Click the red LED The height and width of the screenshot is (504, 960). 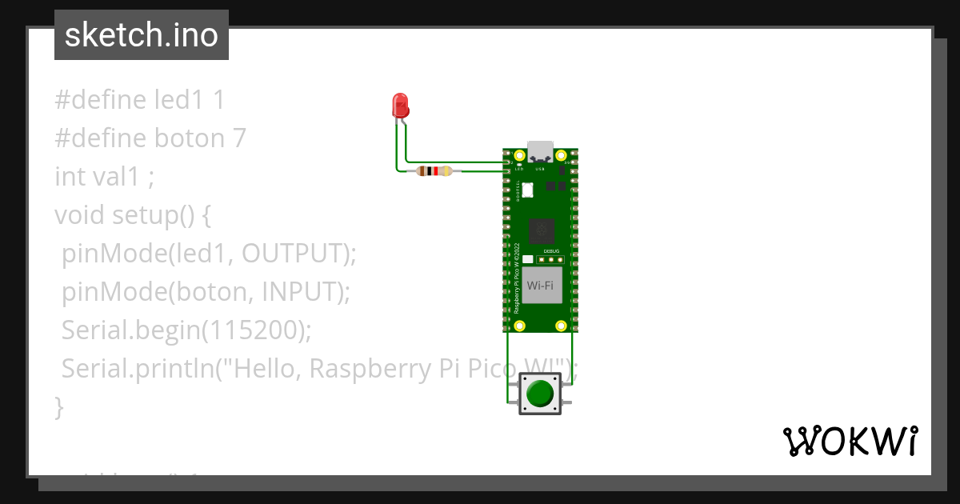point(400,105)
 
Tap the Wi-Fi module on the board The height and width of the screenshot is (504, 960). point(540,286)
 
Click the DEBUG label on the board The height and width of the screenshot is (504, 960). point(551,251)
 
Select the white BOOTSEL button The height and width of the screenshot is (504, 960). point(527,190)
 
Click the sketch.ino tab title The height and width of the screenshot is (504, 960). point(141,35)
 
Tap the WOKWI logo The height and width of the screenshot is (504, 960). point(850,441)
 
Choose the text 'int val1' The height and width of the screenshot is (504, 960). point(97,177)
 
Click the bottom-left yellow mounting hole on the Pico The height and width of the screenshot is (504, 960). point(520,325)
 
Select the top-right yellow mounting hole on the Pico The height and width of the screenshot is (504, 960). point(562,154)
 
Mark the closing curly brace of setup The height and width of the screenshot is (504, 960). point(58,407)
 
